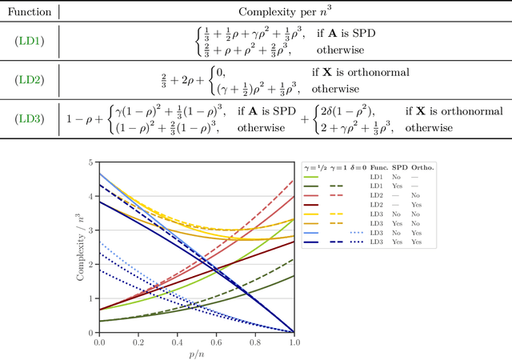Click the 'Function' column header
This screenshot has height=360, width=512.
pyautogui.click(x=29, y=12)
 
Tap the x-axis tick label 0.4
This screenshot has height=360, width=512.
pyautogui.click(x=178, y=342)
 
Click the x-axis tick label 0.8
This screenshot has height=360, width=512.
pyautogui.click(x=255, y=342)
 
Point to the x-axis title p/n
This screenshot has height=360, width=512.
pyautogui.click(x=197, y=353)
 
